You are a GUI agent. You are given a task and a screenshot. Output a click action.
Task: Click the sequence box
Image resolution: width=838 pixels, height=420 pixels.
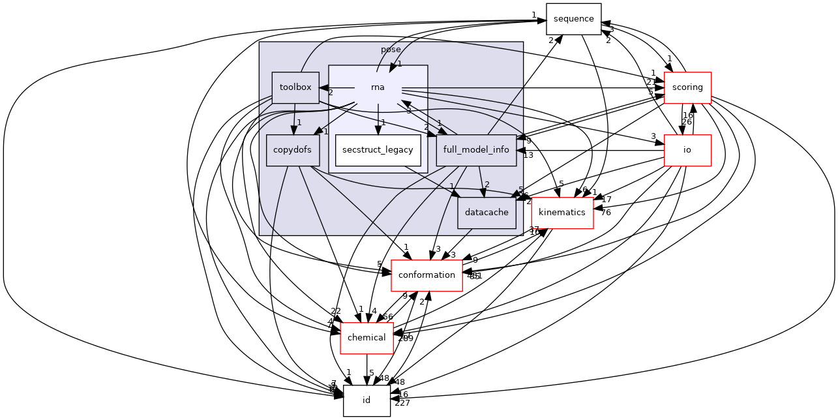[573, 18]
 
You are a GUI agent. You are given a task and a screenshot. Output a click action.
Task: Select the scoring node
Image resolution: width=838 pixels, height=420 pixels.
[687, 87]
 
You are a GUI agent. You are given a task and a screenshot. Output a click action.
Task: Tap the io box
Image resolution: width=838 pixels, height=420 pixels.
[687, 150]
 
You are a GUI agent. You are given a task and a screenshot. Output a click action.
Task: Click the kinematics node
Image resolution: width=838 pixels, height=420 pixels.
[562, 213]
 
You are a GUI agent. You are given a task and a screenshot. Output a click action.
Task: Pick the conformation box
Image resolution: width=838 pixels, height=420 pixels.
[426, 275]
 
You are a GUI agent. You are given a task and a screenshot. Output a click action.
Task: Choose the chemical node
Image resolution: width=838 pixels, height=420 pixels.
[367, 338]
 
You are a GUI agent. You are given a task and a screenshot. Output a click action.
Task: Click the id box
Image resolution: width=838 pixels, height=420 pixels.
[367, 400]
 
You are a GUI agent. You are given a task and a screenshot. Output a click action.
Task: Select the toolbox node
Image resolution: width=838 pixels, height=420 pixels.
[295, 87]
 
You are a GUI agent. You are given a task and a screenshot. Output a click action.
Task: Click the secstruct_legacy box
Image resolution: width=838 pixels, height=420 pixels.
[378, 150]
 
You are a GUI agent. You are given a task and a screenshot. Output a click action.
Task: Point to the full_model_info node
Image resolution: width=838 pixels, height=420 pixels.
[476, 150]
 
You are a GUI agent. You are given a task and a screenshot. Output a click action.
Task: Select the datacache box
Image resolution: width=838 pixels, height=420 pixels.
[487, 213]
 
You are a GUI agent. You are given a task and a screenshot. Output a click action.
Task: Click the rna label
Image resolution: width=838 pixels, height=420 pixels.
[378, 87]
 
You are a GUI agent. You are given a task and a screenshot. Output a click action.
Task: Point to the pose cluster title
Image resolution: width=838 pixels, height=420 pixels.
[391, 50]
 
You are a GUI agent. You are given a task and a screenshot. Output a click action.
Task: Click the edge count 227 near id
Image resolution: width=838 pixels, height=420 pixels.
[402, 403]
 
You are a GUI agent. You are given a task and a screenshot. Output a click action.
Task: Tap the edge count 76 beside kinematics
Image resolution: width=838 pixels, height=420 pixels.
[606, 212]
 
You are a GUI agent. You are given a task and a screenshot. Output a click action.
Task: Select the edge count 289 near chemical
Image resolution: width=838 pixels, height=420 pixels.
[406, 338]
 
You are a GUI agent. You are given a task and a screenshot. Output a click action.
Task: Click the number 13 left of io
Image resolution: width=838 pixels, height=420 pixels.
[528, 155]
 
